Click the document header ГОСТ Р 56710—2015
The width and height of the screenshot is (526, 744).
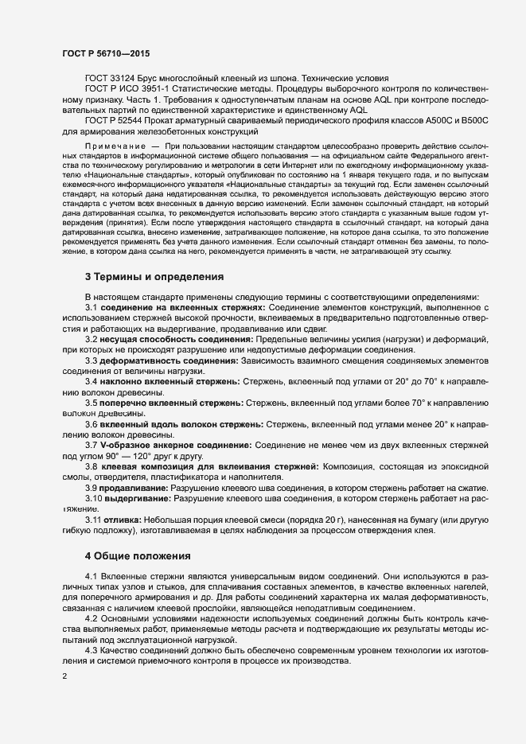tap(105, 53)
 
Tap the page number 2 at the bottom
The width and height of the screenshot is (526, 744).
tap(64, 676)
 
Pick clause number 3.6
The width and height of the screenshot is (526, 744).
tap(92, 424)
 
